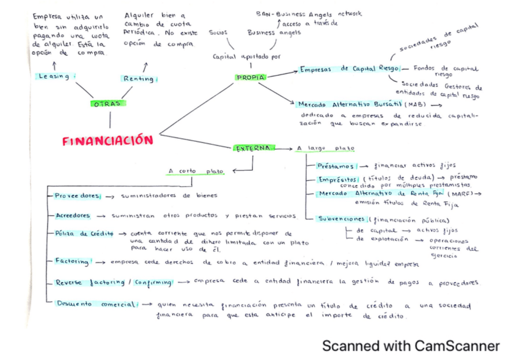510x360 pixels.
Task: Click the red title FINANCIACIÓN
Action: [x=108, y=141]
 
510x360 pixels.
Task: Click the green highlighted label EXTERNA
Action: [x=253, y=148]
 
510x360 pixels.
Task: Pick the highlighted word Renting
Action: [x=138, y=79]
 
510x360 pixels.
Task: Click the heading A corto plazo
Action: [x=196, y=171]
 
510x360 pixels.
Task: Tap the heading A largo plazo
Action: [x=325, y=148]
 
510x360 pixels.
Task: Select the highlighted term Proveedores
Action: [x=77, y=195]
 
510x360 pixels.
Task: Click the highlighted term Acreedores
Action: [x=73, y=215]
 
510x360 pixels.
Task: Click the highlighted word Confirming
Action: [x=153, y=282]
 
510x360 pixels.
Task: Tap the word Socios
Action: [x=218, y=33]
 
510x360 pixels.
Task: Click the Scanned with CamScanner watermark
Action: [x=411, y=346]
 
